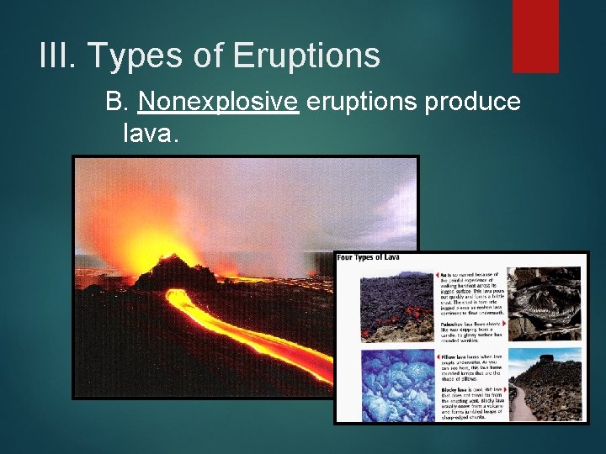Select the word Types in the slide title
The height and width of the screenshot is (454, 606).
[x=141, y=56]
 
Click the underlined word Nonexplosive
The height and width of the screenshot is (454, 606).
[x=219, y=102]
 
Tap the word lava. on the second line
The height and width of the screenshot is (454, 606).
[x=151, y=132]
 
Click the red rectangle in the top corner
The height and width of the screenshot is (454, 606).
[x=535, y=35]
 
